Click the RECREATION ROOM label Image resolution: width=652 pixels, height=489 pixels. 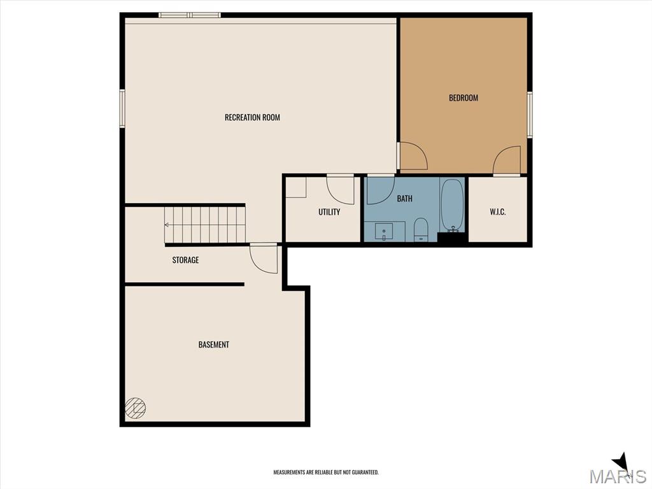[252, 117]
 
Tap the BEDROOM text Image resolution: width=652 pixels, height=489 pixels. [463, 98]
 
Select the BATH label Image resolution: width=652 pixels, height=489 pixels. [404, 199]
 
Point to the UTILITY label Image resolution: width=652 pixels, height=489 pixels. [329, 212]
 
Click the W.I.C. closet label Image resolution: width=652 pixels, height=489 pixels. [497, 212]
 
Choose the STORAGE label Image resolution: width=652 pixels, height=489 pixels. [185, 260]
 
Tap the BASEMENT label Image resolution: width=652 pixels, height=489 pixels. [213, 344]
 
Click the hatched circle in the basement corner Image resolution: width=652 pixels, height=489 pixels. [135, 407]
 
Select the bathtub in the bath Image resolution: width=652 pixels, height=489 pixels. [453, 205]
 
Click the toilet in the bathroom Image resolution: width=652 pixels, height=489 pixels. [421, 229]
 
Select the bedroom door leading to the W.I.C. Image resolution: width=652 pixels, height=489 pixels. [508, 160]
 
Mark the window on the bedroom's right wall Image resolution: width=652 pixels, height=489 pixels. [529, 115]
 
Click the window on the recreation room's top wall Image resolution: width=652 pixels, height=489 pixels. [189, 15]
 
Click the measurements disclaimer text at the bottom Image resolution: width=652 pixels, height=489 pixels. [326, 472]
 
